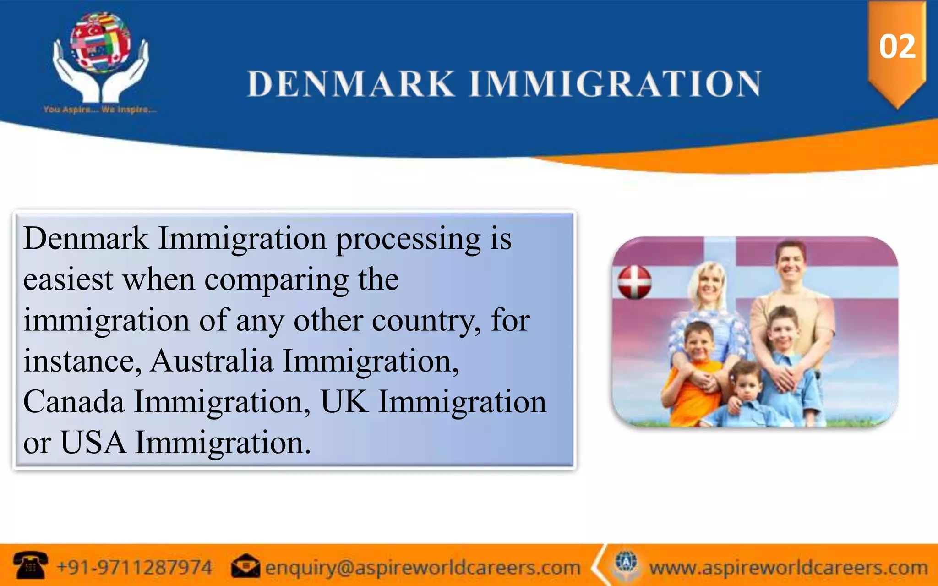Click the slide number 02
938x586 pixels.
click(897, 47)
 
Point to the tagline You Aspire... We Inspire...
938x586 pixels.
click(100, 110)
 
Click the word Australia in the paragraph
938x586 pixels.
click(212, 361)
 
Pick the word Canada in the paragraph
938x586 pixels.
click(74, 402)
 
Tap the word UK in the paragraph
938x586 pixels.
click(344, 402)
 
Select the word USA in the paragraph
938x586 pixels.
click(93, 443)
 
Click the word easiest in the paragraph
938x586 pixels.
click(68, 279)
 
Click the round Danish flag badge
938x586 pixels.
click(634, 282)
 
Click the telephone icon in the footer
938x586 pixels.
click(30, 565)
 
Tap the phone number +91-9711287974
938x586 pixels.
click(134, 568)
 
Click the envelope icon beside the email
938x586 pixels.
click(245, 567)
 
